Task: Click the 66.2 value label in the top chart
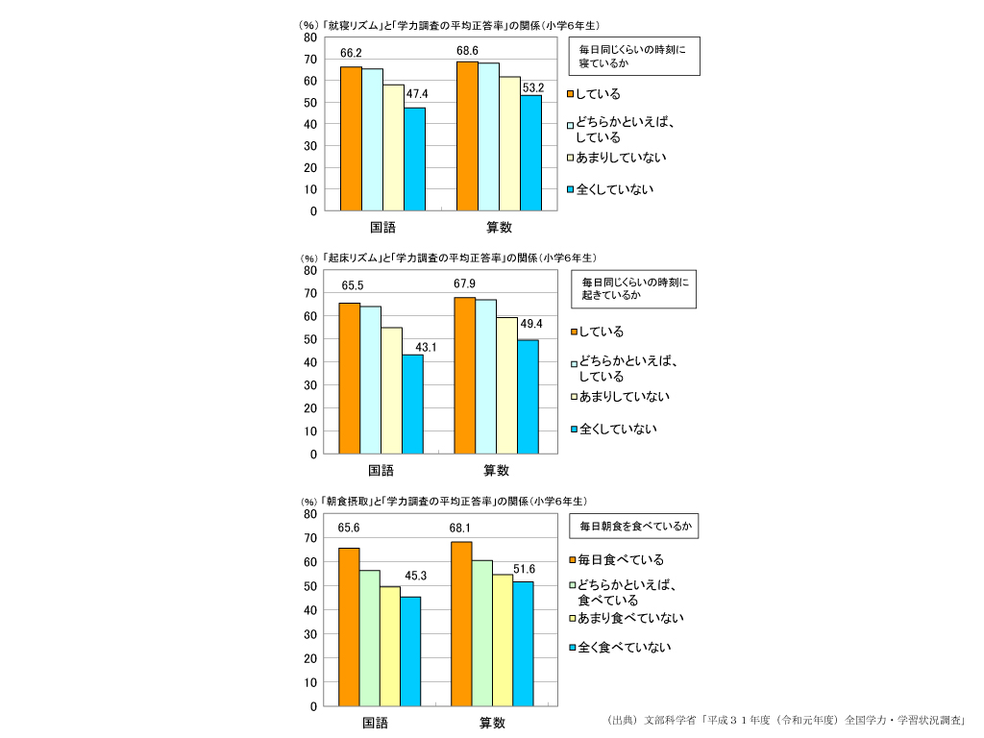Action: click(x=351, y=53)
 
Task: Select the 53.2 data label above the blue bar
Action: click(x=533, y=87)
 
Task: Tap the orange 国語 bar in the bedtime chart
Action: click(x=351, y=138)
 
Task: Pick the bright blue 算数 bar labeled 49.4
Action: click(x=529, y=397)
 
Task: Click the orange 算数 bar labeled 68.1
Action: click(x=461, y=624)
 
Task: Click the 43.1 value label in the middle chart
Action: click(x=426, y=347)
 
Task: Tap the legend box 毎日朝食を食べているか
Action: click(x=633, y=527)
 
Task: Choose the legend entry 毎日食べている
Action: click(x=621, y=559)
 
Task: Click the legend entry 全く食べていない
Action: click(x=624, y=647)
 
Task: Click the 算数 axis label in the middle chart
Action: click(x=496, y=471)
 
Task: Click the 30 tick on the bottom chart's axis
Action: click(x=310, y=634)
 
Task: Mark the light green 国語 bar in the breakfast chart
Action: click(x=370, y=638)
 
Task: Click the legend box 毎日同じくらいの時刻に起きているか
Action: click(x=634, y=289)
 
